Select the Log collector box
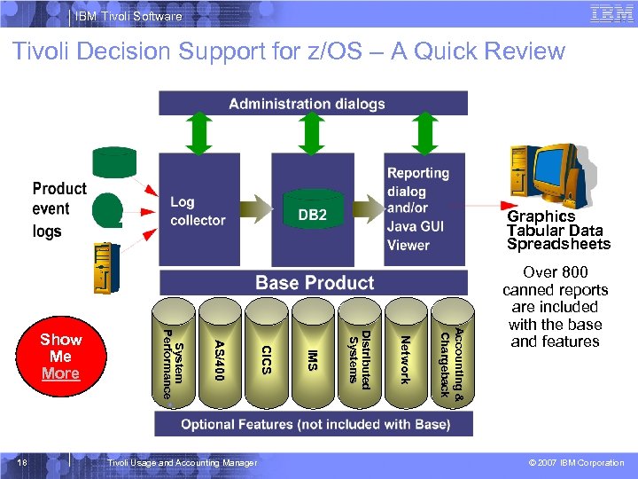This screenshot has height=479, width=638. pyautogui.click(x=197, y=210)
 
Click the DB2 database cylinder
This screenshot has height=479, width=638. pyautogui.click(x=312, y=214)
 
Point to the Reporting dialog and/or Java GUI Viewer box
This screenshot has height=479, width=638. pyautogui.click(x=418, y=209)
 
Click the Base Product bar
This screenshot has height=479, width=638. pyautogui.click(x=314, y=283)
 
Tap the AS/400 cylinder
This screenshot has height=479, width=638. pyautogui.click(x=219, y=356)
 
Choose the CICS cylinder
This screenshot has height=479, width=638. pyautogui.click(x=266, y=356)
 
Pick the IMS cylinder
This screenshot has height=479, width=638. pyautogui.click(x=312, y=356)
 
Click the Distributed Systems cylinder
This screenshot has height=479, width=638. pyautogui.click(x=359, y=356)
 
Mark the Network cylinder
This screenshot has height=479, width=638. pyautogui.click(x=405, y=356)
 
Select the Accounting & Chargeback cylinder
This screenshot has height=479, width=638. pyautogui.click(x=451, y=356)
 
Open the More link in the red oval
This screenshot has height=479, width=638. pyautogui.click(x=60, y=373)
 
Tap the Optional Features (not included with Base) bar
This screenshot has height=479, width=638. pyautogui.click(x=314, y=424)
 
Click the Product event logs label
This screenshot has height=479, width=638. pyautogui.click(x=59, y=210)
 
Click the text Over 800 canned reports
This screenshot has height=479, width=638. pyautogui.click(x=555, y=281)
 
